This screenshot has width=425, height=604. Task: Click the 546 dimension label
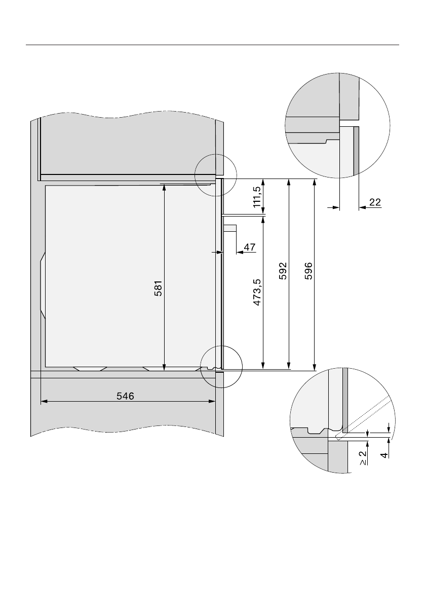tap(126, 396)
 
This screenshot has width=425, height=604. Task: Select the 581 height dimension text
tap(159, 288)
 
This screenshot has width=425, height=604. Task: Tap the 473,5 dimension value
tap(257, 293)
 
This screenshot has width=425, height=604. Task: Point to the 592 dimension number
tap(283, 271)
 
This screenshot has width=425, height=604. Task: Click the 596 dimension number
tap(308, 271)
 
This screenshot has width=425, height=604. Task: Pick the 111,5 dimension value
tap(257, 197)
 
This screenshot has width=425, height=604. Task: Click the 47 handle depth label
tap(250, 247)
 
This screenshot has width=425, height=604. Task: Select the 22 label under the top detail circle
tap(375, 202)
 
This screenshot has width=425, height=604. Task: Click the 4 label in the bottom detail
tap(384, 455)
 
